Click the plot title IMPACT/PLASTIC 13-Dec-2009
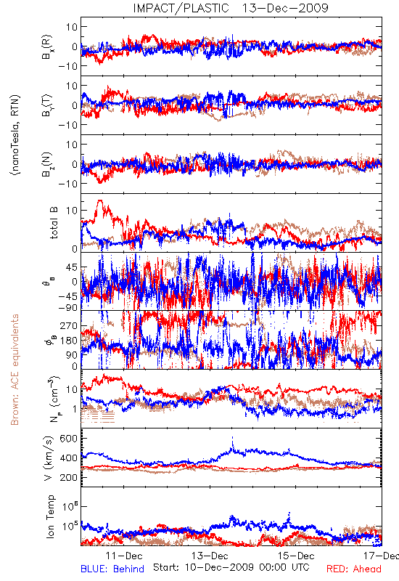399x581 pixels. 231,8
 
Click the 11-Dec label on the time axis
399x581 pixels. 124,556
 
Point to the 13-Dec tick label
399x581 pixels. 210,556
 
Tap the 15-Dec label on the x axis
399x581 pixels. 296,556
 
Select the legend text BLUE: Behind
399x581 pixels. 112,569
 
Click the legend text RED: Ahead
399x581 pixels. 354,569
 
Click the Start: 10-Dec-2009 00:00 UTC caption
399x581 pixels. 231,567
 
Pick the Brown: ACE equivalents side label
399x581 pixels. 15,370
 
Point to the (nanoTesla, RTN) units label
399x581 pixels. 15,134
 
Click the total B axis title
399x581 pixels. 54,223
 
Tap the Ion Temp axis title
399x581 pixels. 50,516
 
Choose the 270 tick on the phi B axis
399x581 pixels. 69,325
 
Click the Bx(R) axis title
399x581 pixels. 47,47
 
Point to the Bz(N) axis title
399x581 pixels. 47,164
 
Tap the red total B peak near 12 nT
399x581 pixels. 99,201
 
